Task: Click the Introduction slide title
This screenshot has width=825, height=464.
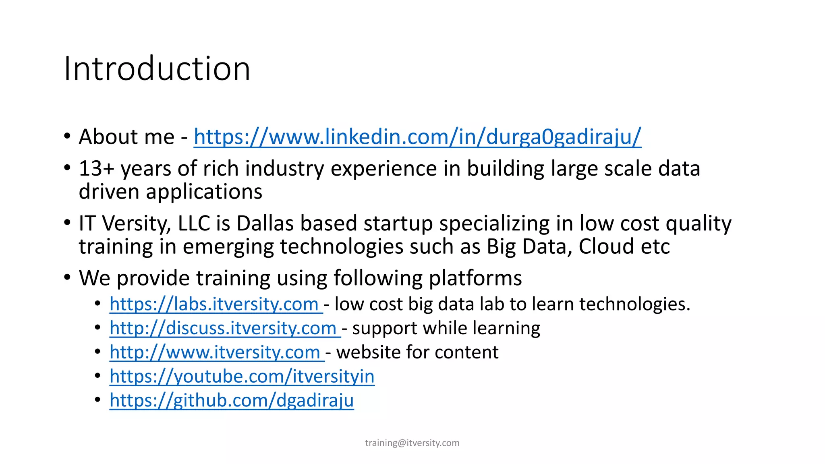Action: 157,68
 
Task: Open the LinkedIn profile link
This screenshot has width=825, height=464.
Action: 417,137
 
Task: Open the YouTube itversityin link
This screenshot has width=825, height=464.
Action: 242,377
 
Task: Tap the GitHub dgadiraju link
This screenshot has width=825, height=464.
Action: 232,400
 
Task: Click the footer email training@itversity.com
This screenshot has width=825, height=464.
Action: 412,443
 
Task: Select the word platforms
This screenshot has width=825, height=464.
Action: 475,278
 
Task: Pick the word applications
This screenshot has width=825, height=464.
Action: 204,192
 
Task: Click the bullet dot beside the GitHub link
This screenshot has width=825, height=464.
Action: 97,400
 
